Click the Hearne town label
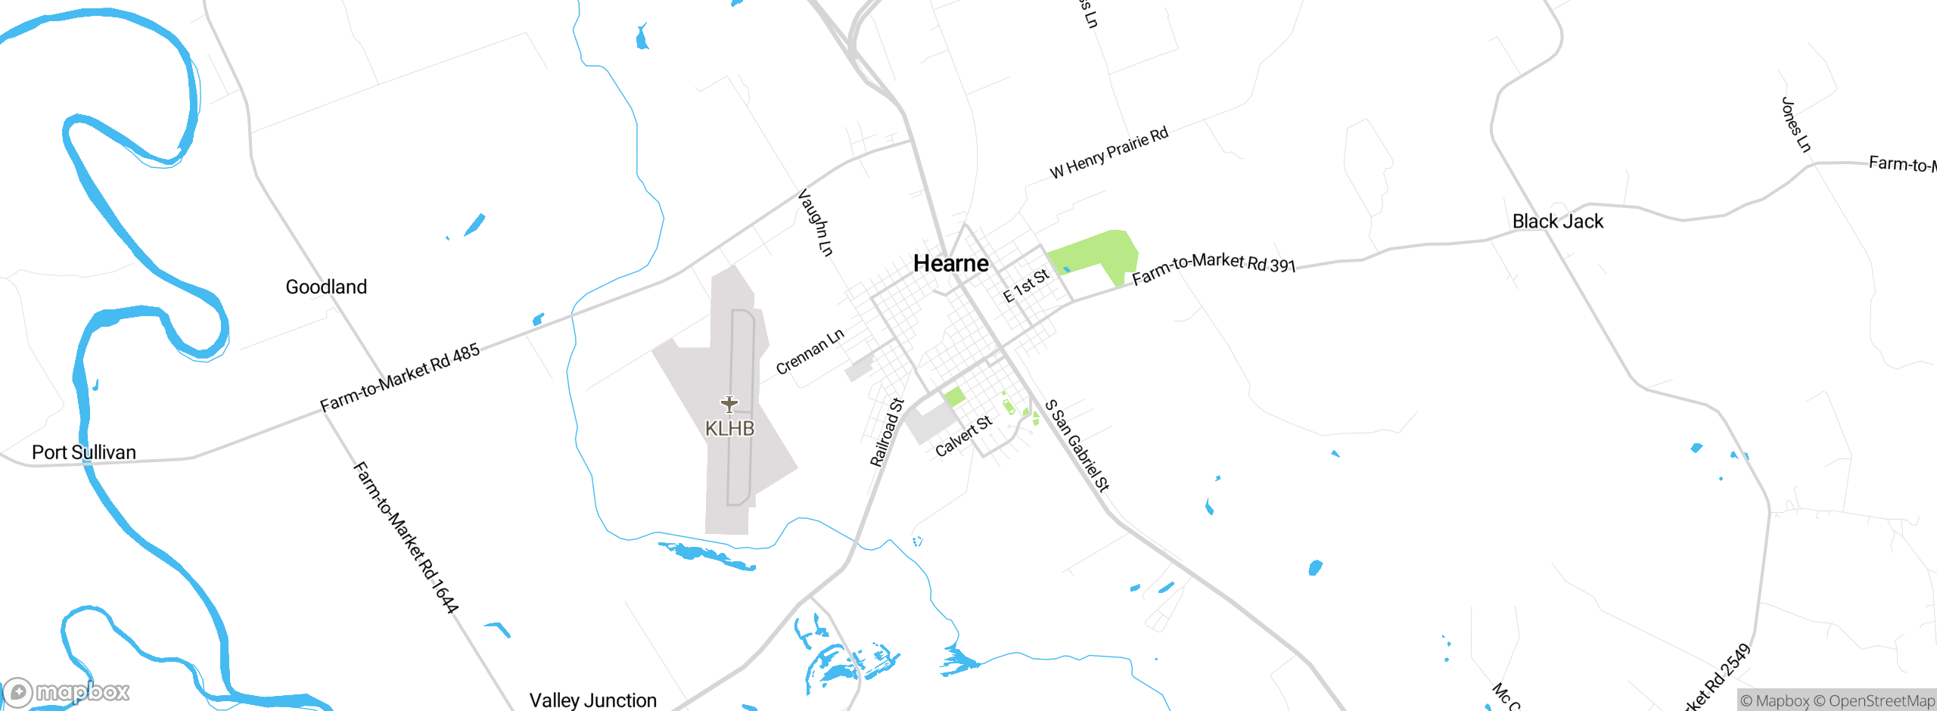(x=951, y=263)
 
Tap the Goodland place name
(x=326, y=287)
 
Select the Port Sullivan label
(x=84, y=452)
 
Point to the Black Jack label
(x=1558, y=222)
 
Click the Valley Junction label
(x=593, y=700)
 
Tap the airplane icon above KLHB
(x=729, y=404)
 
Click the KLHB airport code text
(x=729, y=429)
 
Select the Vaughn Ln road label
(x=816, y=223)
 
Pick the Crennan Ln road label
(x=810, y=352)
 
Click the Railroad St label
(x=887, y=433)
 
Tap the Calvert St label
(x=963, y=436)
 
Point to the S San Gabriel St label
(x=1077, y=446)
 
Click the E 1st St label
(x=1026, y=285)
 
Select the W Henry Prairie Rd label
(x=1109, y=153)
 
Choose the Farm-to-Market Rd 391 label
(x=1214, y=268)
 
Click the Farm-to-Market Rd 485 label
(x=400, y=377)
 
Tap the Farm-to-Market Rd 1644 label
(x=406, y=538)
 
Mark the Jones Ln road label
(x=1796, y=125)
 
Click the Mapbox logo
(x=67, y=692)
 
